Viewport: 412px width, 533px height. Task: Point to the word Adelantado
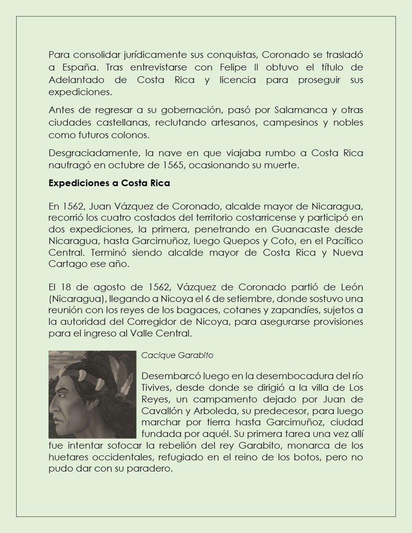coord(77,80)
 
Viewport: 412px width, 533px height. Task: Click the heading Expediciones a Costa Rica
coord(109,183)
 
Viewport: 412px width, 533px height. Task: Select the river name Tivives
coord(155,387)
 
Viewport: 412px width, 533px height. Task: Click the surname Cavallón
coord(161,411)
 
